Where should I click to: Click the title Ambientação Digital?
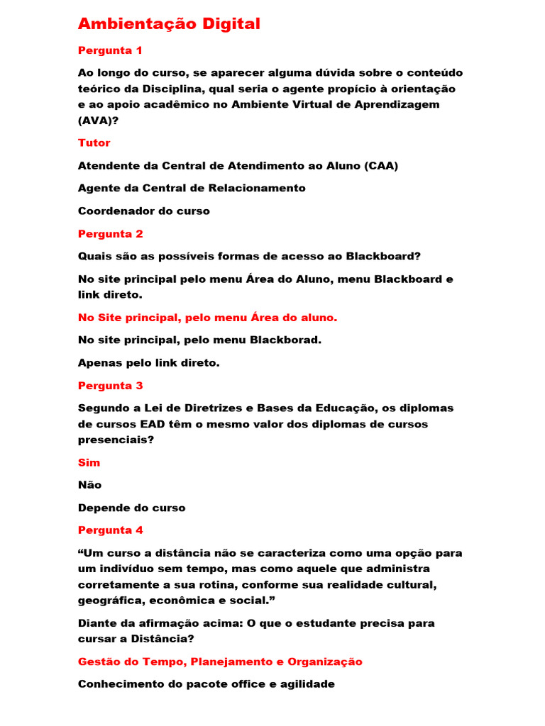tap(169, 24)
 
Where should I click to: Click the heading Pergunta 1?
tap(110, 50)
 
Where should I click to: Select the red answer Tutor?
tap(94, 143)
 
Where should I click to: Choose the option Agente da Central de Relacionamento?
tap(192, 189)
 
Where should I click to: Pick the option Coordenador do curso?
tap(144, 211)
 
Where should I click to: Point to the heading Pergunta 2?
tap(111, 234)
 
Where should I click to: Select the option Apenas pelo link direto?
tap(149, 363)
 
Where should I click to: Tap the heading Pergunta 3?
tap(111, 386)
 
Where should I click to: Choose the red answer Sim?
tap(89, 463)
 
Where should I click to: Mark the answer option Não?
tap(89, 486)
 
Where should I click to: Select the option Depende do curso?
tap(131, 508)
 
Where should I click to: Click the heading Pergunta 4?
tap(111, 530)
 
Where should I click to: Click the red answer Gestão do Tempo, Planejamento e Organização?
tap(220, 662)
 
